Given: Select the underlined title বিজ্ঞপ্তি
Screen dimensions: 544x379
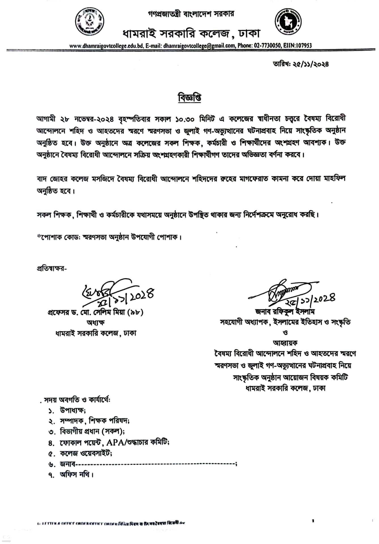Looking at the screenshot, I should click(x=190, y=98).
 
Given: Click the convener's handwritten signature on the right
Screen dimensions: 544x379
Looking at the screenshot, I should click(x=283, y=291).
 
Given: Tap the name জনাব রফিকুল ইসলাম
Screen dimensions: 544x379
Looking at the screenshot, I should click(x=285, y=312).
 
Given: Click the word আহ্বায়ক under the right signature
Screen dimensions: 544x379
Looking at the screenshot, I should click(x=285, y=343).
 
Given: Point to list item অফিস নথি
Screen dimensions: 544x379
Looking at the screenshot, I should click(x=76, y=474).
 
